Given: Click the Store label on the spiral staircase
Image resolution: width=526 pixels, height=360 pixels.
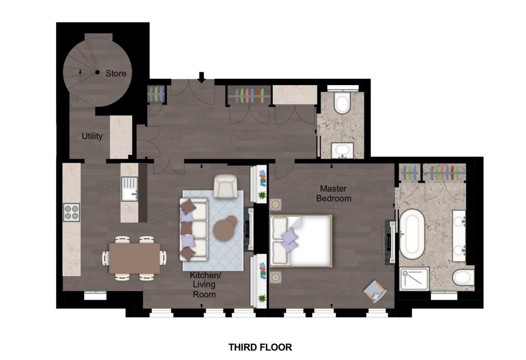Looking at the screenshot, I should [x=116, y=73].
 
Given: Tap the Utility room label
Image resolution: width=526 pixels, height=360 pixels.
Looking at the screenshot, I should [x=92, y=136].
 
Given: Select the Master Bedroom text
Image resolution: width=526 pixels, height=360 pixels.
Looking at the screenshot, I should [x=333, y=193].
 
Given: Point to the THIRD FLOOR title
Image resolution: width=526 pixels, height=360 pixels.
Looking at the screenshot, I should [x=260, y=347].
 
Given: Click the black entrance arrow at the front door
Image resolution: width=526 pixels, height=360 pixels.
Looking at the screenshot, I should [x=201, y=77].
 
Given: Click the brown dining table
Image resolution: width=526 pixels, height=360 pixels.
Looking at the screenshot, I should [x=134, y=258].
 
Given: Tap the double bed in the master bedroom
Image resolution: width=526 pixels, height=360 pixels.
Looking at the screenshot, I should [x=301, y=240].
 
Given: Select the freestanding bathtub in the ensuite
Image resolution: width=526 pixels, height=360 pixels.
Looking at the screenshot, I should [x=412, y=233].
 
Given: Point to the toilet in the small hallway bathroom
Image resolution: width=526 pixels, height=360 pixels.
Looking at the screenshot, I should [x=342, y=102].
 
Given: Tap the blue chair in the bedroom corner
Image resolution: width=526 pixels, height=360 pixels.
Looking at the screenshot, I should [x=375, y=290].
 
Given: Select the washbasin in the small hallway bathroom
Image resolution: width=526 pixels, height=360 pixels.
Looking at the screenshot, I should [x=342, y=150].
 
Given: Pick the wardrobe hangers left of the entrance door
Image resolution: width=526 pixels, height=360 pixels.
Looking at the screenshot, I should [x=156, y=94].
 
